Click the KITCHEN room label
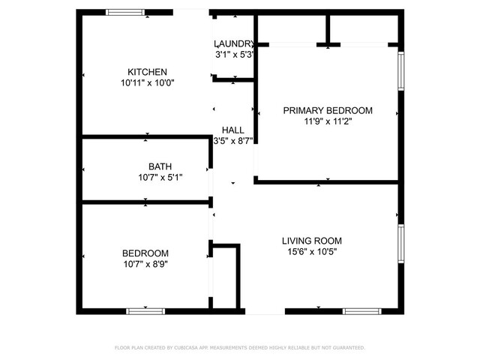(147, 72)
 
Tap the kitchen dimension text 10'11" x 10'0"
(148, 82)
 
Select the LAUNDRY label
(234, 43)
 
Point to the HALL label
(233, 130)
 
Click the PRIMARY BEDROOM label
(328, 110)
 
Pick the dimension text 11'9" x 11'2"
(328, 121)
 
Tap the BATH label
(160, 166)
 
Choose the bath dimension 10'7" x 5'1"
(160, 177)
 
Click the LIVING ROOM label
(312, 241)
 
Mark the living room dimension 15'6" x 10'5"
(312, 252)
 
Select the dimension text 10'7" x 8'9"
(145, 264)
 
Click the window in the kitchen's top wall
(125, 12)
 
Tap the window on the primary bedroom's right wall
(401, 71)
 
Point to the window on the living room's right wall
(401, 244)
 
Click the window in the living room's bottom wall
(361, 311)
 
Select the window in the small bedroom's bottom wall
(145, 311)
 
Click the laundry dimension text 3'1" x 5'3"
(235, 55)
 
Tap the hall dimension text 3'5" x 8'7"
(233, 141)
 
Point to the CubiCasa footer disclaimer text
(240, 348)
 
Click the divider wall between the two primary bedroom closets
(328, 29)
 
